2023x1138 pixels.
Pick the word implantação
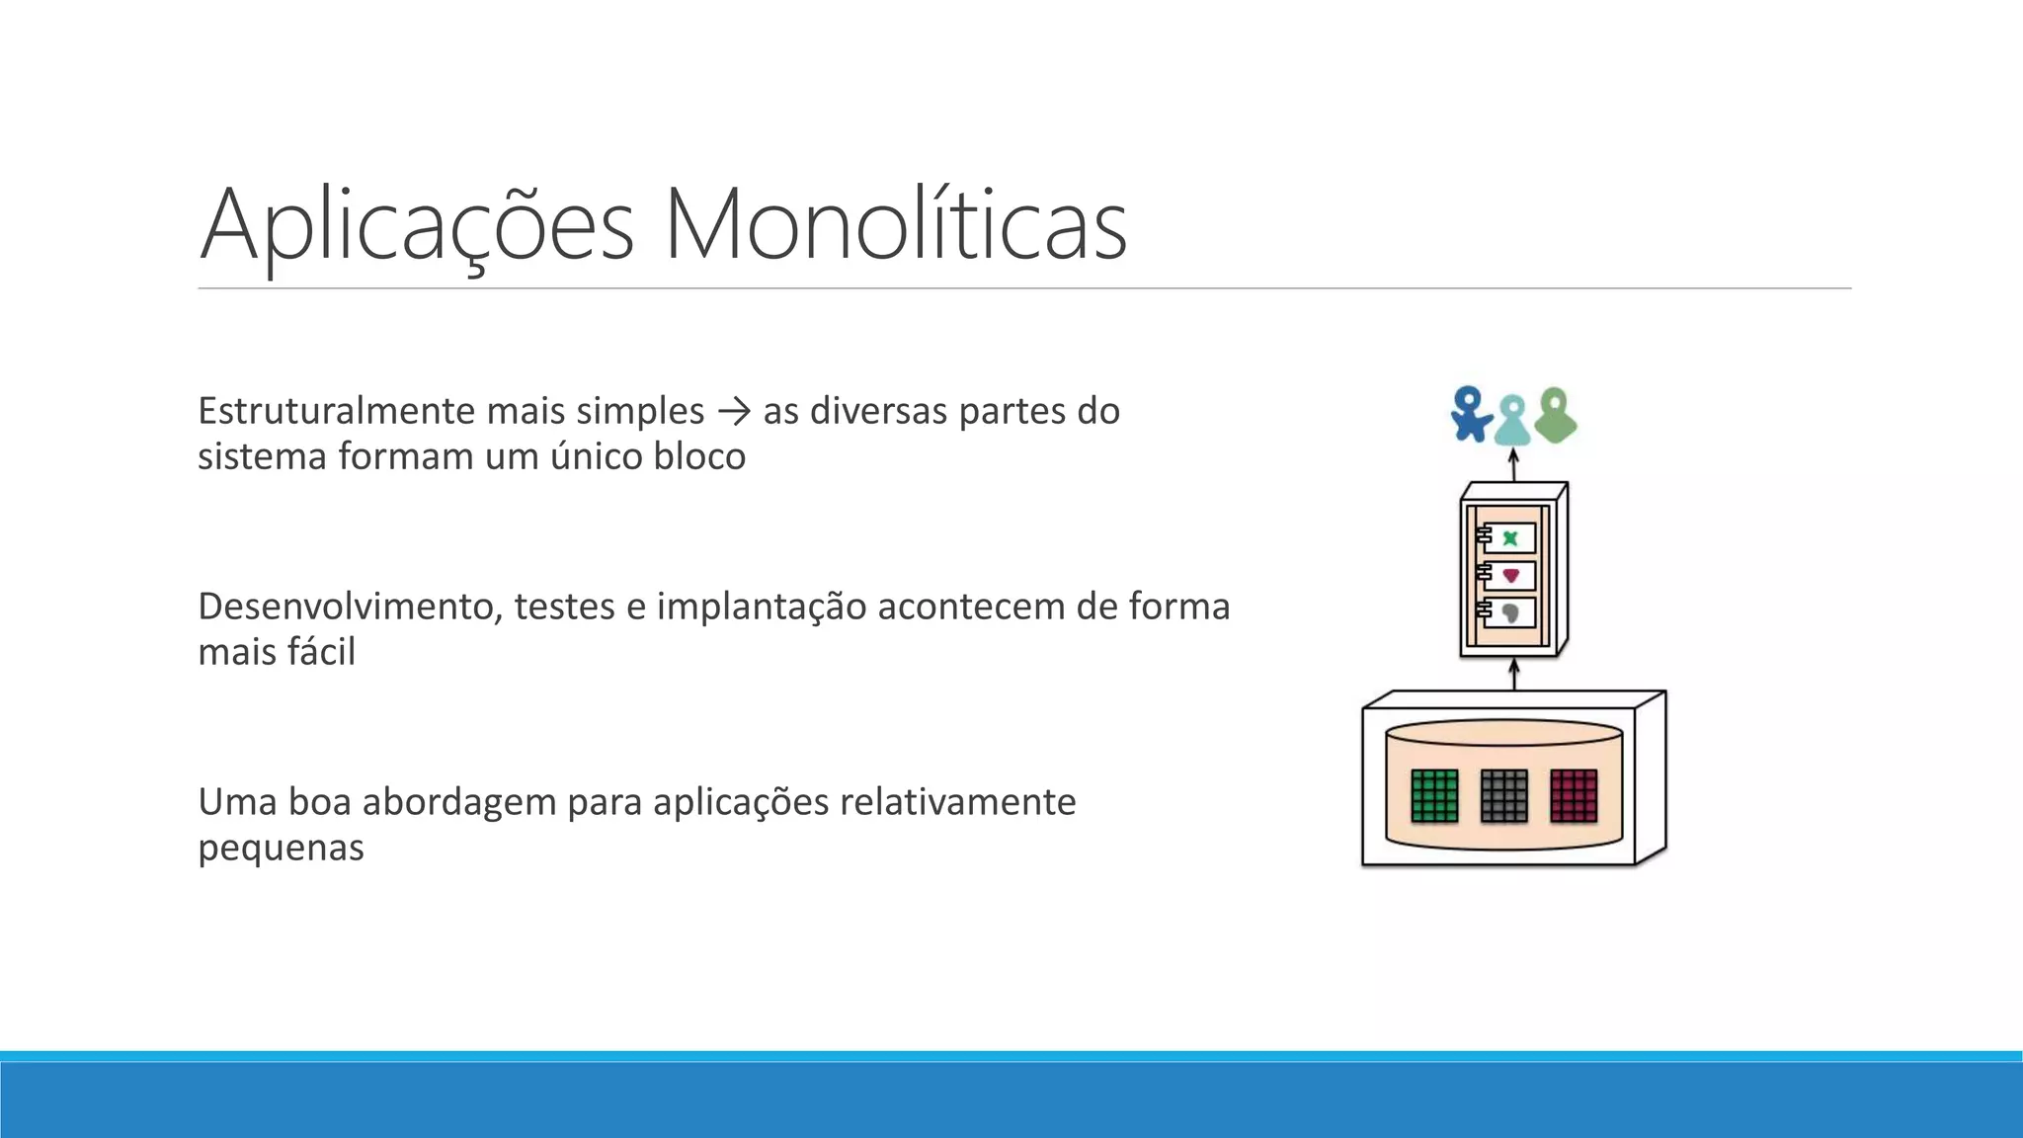pyautogui.click(x=761, y=607)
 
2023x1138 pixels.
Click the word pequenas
pyautogui.click(x=281, y=848)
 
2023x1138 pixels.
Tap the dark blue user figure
pyautogui.click(x=1471, y=413)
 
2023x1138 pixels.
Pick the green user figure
pyautogui.click(x=1556, y=415)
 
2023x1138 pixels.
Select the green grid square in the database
pyautogui.click(x=1434, y=795)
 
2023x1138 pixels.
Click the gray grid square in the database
pyautogui.click(x=1504, y=795)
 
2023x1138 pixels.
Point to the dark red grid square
pyautogui.click(x=1574, y=795)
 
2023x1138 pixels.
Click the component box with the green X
pyautogui.click(x=1508, y=538)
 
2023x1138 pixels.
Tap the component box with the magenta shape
pyautogui.click(x=1508, y=575)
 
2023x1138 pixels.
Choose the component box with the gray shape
pyautogui.click(x=1508, y=612)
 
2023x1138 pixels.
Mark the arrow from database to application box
pyautogui.click(x=1514, y=676)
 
